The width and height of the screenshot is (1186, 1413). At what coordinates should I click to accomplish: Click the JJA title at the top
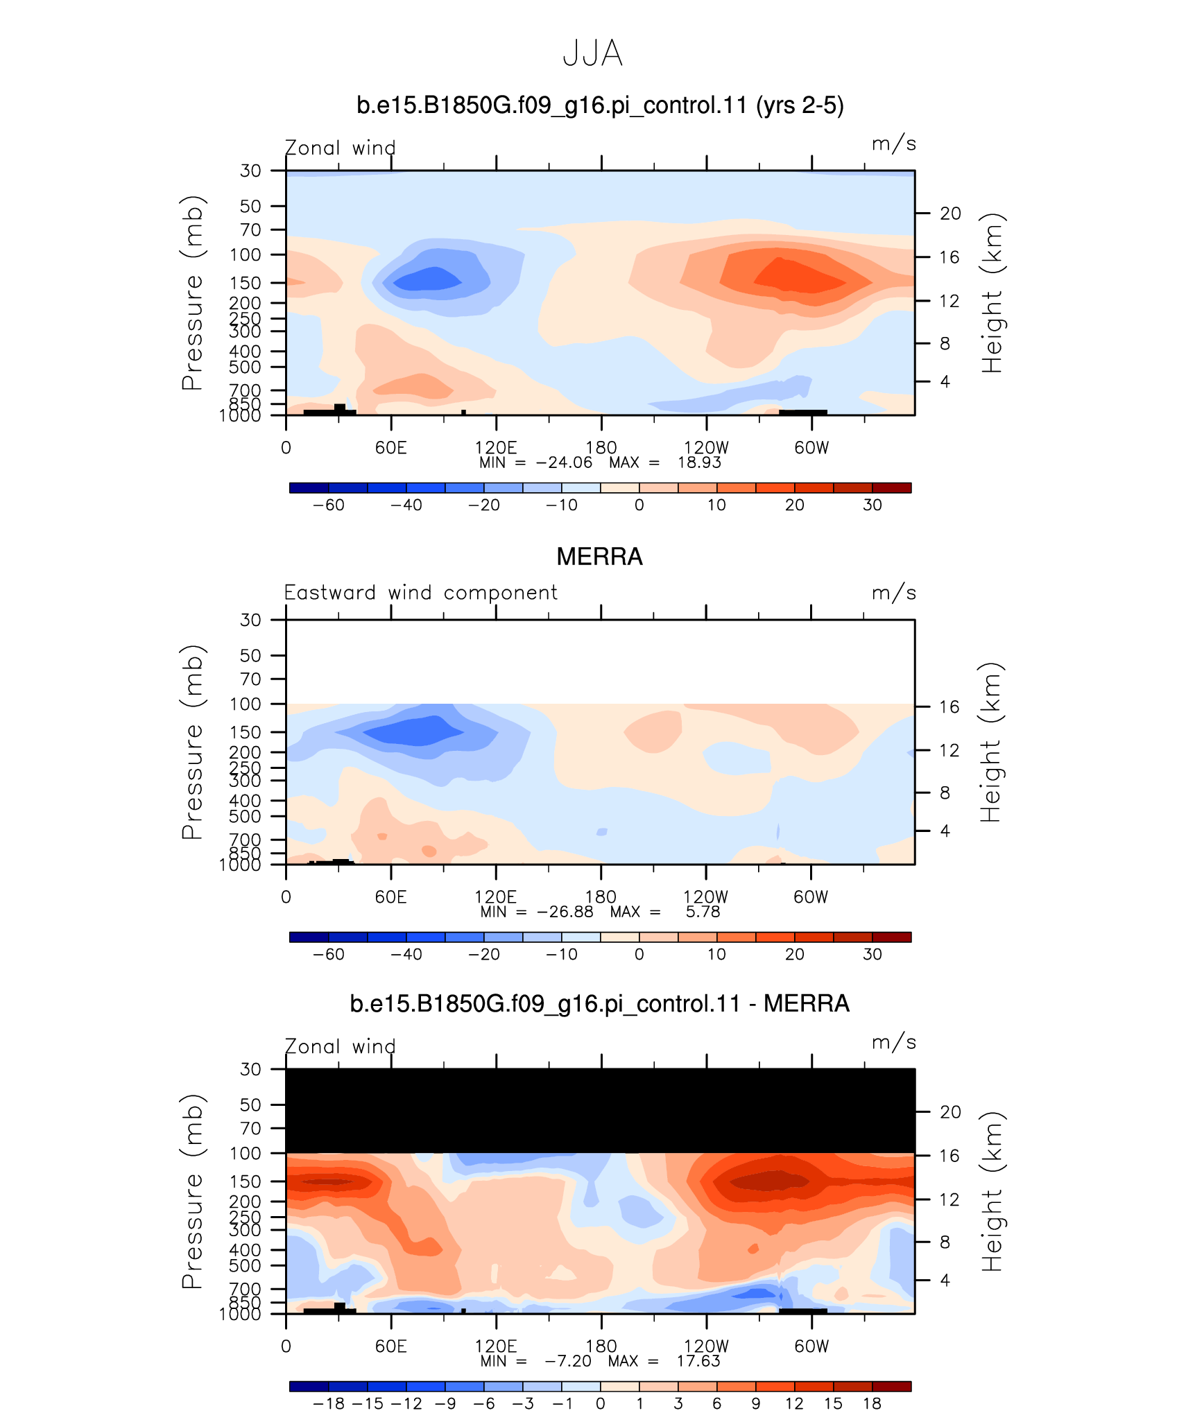click(592, 53)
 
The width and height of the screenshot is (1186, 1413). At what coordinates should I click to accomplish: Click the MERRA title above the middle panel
click(600, 557)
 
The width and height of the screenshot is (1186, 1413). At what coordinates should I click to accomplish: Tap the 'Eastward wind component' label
click(420, 593)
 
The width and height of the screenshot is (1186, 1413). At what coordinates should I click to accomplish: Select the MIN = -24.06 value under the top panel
click(535, 462)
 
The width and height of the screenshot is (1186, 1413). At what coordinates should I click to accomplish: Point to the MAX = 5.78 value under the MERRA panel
click(665, 912)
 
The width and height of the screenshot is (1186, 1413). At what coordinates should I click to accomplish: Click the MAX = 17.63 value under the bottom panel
click(664, 1361)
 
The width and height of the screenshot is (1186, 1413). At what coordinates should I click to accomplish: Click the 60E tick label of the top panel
click(391, 447)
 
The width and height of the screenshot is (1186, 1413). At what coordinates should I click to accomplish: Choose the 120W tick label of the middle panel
click(706, 896)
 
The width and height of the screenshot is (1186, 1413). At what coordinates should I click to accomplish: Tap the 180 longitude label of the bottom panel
click(601, 1346)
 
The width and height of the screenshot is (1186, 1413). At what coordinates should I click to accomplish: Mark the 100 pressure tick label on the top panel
click(246, 254)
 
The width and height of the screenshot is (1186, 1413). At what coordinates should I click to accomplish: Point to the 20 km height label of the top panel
click(950, 214)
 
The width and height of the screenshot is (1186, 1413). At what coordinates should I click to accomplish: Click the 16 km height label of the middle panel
click(949, 706)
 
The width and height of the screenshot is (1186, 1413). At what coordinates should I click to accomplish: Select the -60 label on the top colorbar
click(328, 505)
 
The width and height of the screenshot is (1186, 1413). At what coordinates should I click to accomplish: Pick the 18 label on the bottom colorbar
click(872, 1403)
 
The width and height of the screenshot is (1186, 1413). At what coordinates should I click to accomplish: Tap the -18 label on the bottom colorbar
click(328, 1403)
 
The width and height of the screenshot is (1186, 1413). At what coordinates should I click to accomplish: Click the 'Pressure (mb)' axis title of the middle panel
click(192, 742)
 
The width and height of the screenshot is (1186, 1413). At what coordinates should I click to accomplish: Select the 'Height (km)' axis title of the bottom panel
click(992, 1191)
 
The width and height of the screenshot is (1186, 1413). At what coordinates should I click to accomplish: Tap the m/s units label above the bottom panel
click(894, 1042)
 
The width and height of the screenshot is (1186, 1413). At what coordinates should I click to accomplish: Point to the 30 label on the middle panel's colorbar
click(872, 954)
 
